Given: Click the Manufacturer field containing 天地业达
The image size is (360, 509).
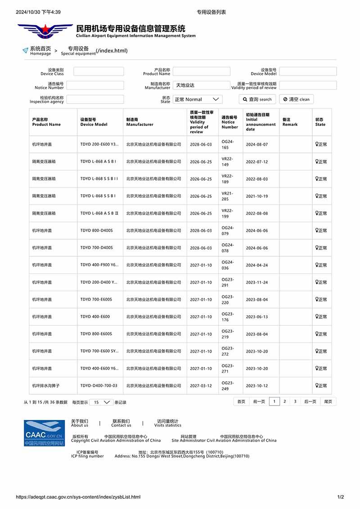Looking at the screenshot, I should click(x=201, y=85).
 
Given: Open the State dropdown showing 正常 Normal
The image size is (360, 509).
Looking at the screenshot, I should click(x=198, y=99).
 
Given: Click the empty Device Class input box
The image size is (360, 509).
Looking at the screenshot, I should click(x=99, y=71).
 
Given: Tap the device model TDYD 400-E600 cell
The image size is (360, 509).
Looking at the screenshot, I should click(x=95, y=317).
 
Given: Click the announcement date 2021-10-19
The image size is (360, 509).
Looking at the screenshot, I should click(x=256, y=196).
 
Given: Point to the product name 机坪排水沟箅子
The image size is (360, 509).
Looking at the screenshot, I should click(x=46, y=386).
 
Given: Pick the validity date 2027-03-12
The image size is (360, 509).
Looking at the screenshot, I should click(x=201, y=386).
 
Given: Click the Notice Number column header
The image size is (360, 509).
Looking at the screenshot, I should click(x=229, y=122).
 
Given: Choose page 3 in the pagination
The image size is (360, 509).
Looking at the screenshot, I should click(x=295, y=402).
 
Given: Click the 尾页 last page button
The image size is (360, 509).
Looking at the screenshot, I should click(x=328, y=402).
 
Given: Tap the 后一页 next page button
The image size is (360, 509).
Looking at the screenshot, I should click(x=310, y=402).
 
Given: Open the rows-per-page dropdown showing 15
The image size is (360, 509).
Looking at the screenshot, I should click(x=101, y=402).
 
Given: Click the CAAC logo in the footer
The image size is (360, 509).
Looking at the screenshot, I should click(x=44, y=433).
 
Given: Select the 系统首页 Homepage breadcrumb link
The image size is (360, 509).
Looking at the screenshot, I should click(x=40, y=50).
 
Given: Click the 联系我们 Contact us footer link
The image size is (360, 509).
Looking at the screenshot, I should click(x=121, y=423).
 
